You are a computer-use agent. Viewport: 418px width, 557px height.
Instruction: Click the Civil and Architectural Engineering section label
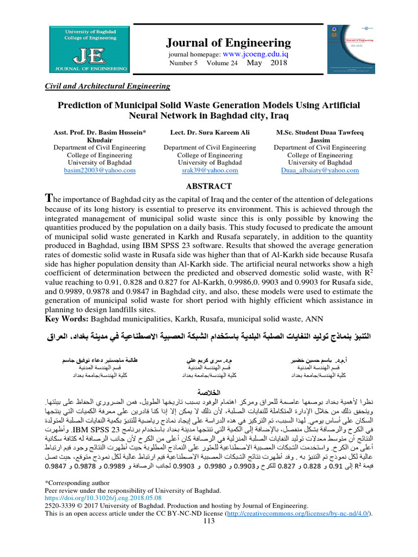coord(106,86)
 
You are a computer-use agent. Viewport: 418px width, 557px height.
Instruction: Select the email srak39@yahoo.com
coord(210,170)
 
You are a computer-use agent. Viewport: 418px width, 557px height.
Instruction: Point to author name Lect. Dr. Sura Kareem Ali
coord(210,133)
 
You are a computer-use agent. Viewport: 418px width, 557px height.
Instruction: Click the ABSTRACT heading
coord(209,186)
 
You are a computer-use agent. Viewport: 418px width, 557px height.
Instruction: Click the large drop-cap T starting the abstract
coord(48,199)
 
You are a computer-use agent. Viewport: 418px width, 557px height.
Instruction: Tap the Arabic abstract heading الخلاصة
coord(209,392)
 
